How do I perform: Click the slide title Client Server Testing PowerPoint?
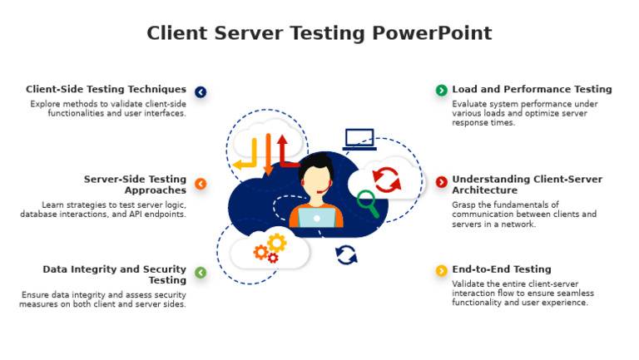319,33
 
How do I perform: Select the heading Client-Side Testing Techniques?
106,89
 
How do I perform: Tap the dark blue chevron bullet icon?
201,92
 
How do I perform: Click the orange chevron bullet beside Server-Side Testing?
201,184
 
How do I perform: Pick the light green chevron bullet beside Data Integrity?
201,273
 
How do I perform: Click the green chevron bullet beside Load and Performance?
441,90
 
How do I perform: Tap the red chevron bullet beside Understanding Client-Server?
441,182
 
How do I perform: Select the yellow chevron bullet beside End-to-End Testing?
441,271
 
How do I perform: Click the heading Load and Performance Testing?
532,89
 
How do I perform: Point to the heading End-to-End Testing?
501,269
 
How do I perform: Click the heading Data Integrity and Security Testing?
115,274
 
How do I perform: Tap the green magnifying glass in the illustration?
367,203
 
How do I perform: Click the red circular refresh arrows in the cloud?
385,177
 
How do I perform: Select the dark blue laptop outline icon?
359,140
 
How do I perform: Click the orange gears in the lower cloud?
270,247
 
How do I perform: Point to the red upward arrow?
283,150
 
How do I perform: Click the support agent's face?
317,179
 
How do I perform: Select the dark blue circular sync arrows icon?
346,254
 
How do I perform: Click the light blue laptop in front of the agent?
316,217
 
